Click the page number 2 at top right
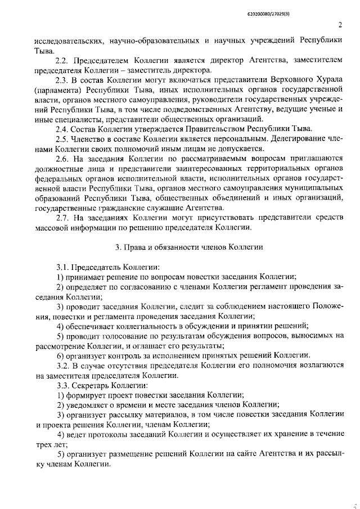341,24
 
